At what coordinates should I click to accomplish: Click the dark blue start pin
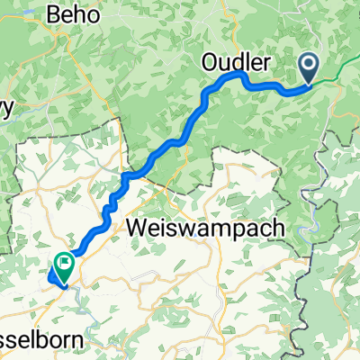click(x=308, y=66)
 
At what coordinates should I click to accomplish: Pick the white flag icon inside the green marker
click(x=66, y=263)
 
